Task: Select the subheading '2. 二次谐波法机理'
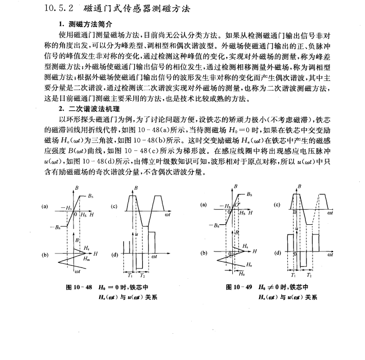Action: (89, 109)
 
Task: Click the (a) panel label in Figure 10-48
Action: (46, 207)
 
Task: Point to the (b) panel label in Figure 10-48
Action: (46, 254)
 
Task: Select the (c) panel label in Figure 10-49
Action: (277, 205)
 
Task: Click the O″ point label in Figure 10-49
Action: (238, 205)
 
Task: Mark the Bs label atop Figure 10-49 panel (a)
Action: (249, 195)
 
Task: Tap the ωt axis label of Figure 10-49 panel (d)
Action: (330, 255)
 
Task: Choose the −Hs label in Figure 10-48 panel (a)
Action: (68, 207)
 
